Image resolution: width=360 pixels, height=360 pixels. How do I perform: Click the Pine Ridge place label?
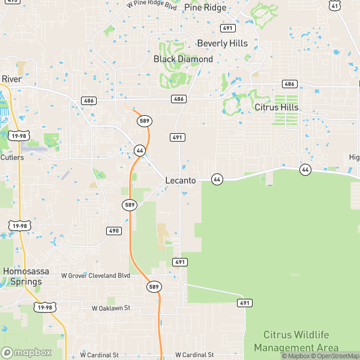pyautogui.click(x=206, y=7)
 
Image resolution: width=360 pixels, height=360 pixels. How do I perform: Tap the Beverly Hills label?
pyautogui.click(x=222, y=43)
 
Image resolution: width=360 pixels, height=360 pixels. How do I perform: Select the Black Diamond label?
pyautogui.click(x=183, y=59)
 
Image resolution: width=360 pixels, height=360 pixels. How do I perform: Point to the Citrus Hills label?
pyautogui.click(x=277, y=107)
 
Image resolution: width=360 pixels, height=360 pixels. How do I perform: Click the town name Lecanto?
pyautogui.click(x=180, y=179)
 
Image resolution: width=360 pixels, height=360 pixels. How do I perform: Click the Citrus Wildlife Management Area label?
pyautogui.click(x=296, y=341)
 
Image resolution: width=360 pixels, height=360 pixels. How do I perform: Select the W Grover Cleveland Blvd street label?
pyautogui.click(x=96, y=275)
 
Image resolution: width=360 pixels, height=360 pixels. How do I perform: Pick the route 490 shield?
pyautogui.click(x=115, y=230)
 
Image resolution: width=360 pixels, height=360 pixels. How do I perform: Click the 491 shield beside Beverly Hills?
pyautogui.click(x=227, y=28)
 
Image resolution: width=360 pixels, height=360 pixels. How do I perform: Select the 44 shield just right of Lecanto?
pyautogui.click(x=217, y=179)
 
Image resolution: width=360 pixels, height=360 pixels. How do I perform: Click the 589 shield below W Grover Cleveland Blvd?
pyautogui.click(x=154, y=287)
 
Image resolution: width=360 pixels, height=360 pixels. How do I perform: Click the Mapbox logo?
pyautogui.click(x=25, y=352)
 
